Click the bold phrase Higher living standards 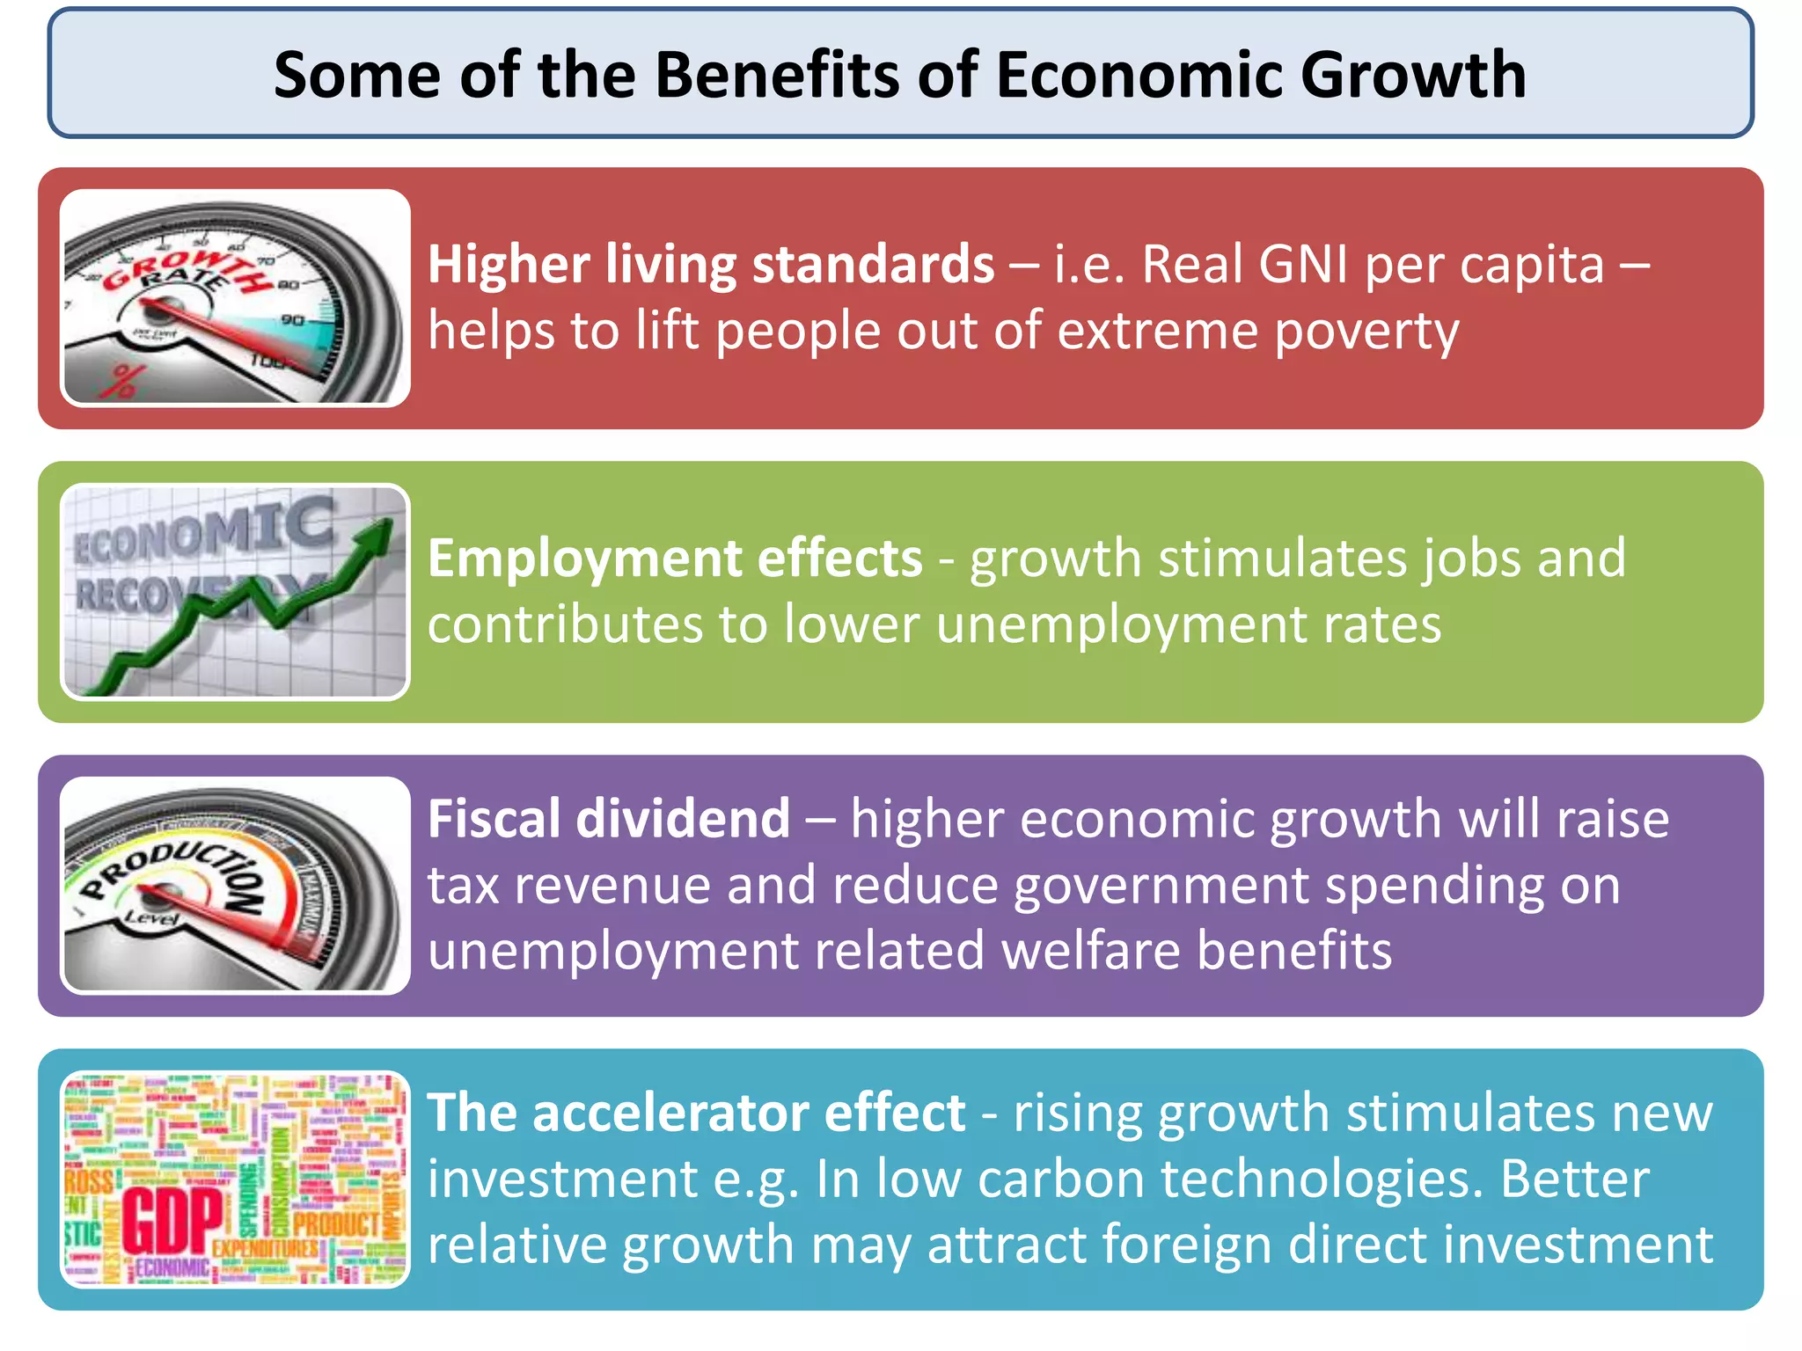(x=711, y=264)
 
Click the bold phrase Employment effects (x=675, y=558)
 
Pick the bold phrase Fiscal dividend (x=609, y=819)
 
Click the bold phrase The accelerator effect (x=696, y=1113)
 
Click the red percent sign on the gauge (x=123, y=381)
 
